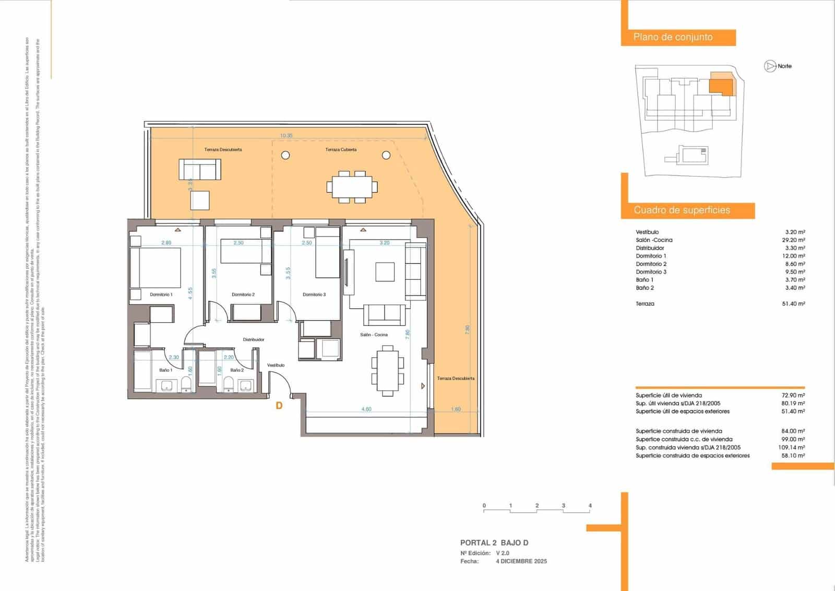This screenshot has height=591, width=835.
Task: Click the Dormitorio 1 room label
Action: pyautogui.click(x=161, y=294)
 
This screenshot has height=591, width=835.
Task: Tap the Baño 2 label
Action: pyautogui.click(x=237, y=370)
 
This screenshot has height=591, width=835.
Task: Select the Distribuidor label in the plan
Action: pyautogui.click(x=254, y=339)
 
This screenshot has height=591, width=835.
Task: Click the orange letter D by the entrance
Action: pyautogui.click(x=279, y=406)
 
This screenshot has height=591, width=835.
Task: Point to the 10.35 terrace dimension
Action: pyautogui.click(x=286, y=136)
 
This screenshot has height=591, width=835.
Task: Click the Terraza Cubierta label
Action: pyautogui.click(x=341, y=150)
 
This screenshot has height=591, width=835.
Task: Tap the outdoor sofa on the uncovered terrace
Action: pyautogui.click(x=200, y=169)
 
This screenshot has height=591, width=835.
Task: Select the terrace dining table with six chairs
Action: pyautogui.click(x=352, y=186)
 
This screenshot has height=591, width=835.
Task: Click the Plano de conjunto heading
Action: pyautogui.click(x=673, y=37)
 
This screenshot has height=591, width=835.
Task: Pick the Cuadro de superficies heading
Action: pyautogui.click(x=682, y=210)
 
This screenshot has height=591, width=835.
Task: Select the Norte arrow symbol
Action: pyautogui.click(x=770, y=66)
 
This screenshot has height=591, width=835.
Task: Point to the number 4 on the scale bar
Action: pyautogui.click(x=590, y=506)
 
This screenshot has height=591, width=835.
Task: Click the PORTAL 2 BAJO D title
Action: pyautogui.click(x=494, y=543)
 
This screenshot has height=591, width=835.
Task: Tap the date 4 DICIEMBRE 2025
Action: pyautogui.click(x=521, y=562)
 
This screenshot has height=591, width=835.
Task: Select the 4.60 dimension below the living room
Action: pyautogui.click(x=366, y=409)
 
